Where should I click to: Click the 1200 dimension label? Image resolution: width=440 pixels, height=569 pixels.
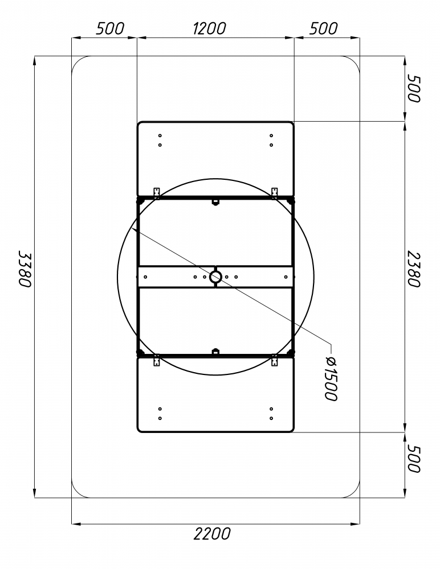tap(209, 28)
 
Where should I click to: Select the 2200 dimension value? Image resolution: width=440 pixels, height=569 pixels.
tap(212, 534)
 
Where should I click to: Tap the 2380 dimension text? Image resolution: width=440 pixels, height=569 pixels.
tap(413, 269)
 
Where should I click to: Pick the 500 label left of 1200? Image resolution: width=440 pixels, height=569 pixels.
tap(110, 28)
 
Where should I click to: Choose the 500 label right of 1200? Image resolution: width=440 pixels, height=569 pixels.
tap(323, 28)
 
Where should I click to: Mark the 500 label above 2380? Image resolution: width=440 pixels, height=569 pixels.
tap(413, 89)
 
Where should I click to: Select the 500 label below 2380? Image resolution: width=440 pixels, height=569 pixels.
tap(413, 459)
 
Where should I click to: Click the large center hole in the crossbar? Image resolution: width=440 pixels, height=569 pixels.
tap(215, 277)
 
